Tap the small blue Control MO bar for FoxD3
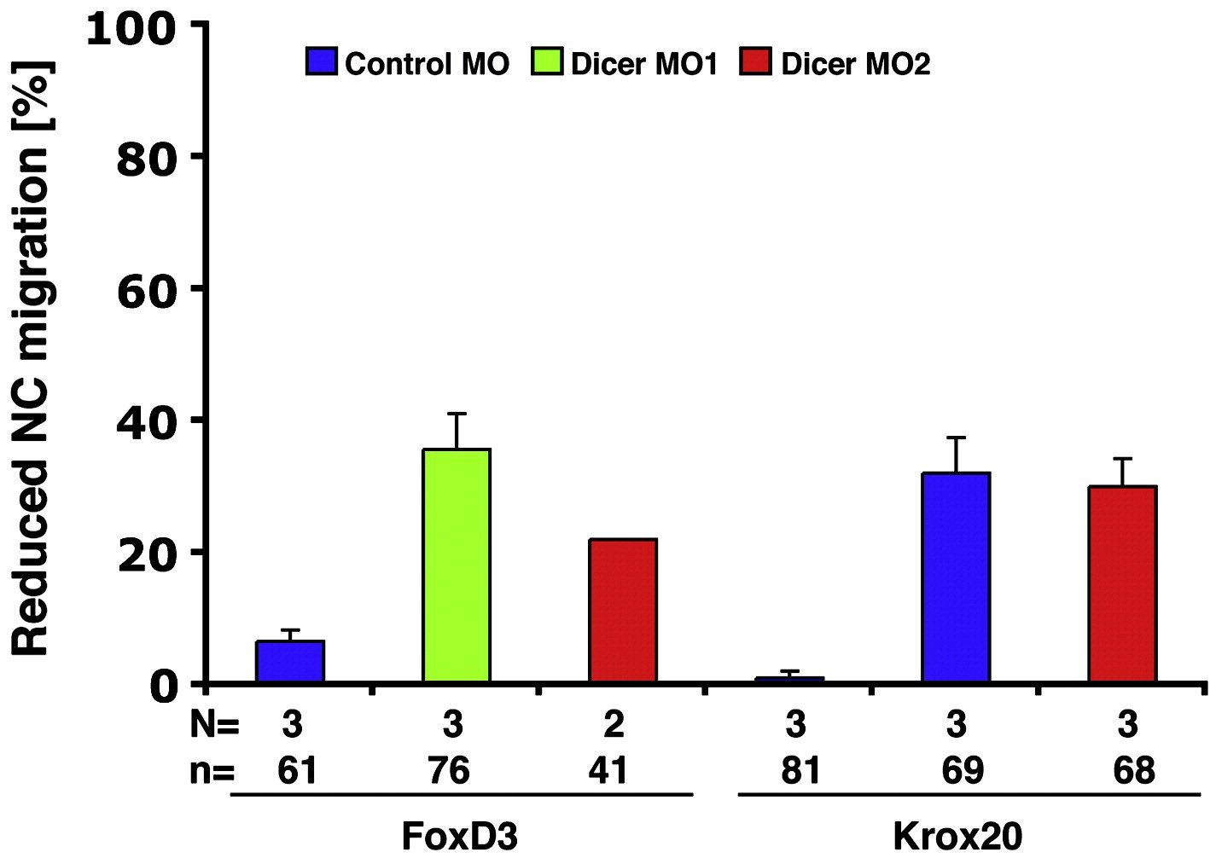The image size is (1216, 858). point(290,661)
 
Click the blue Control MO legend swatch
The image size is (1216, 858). point(323,62)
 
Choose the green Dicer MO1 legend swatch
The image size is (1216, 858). point(547,62)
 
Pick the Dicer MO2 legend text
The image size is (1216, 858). point(855,64)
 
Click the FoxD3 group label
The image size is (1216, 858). point(459,836)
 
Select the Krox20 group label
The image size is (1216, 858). point(957,836)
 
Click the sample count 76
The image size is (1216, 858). point(450,771)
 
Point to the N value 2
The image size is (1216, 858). point(614,725)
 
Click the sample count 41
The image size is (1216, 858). point(609,771)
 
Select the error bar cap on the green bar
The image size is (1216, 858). point(457,414)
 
